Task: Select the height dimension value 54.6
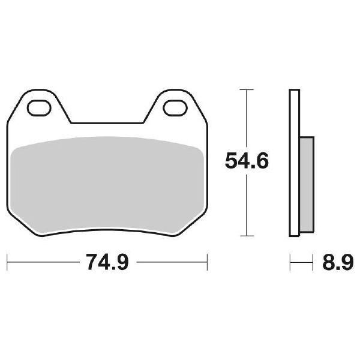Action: tap(246, 161)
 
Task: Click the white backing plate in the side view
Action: tap(294, 162)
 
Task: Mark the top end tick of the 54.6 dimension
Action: tap(247, 89)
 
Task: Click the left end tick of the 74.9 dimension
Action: tap(7, 262)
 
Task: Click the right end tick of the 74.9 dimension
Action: tap(207, 262)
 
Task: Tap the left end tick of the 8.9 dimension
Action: tap(290, 262)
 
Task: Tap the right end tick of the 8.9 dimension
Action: tap(313, 262)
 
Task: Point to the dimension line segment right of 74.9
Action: tap(171, 262)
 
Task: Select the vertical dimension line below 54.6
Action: tap(247, 204)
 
